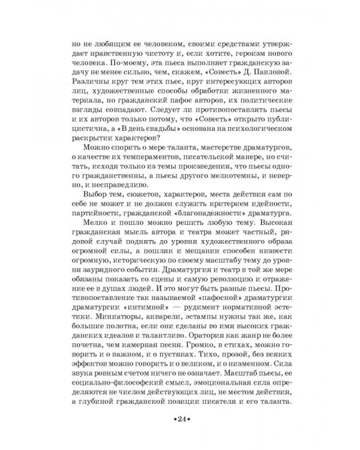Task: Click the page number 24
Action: (180, 419)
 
